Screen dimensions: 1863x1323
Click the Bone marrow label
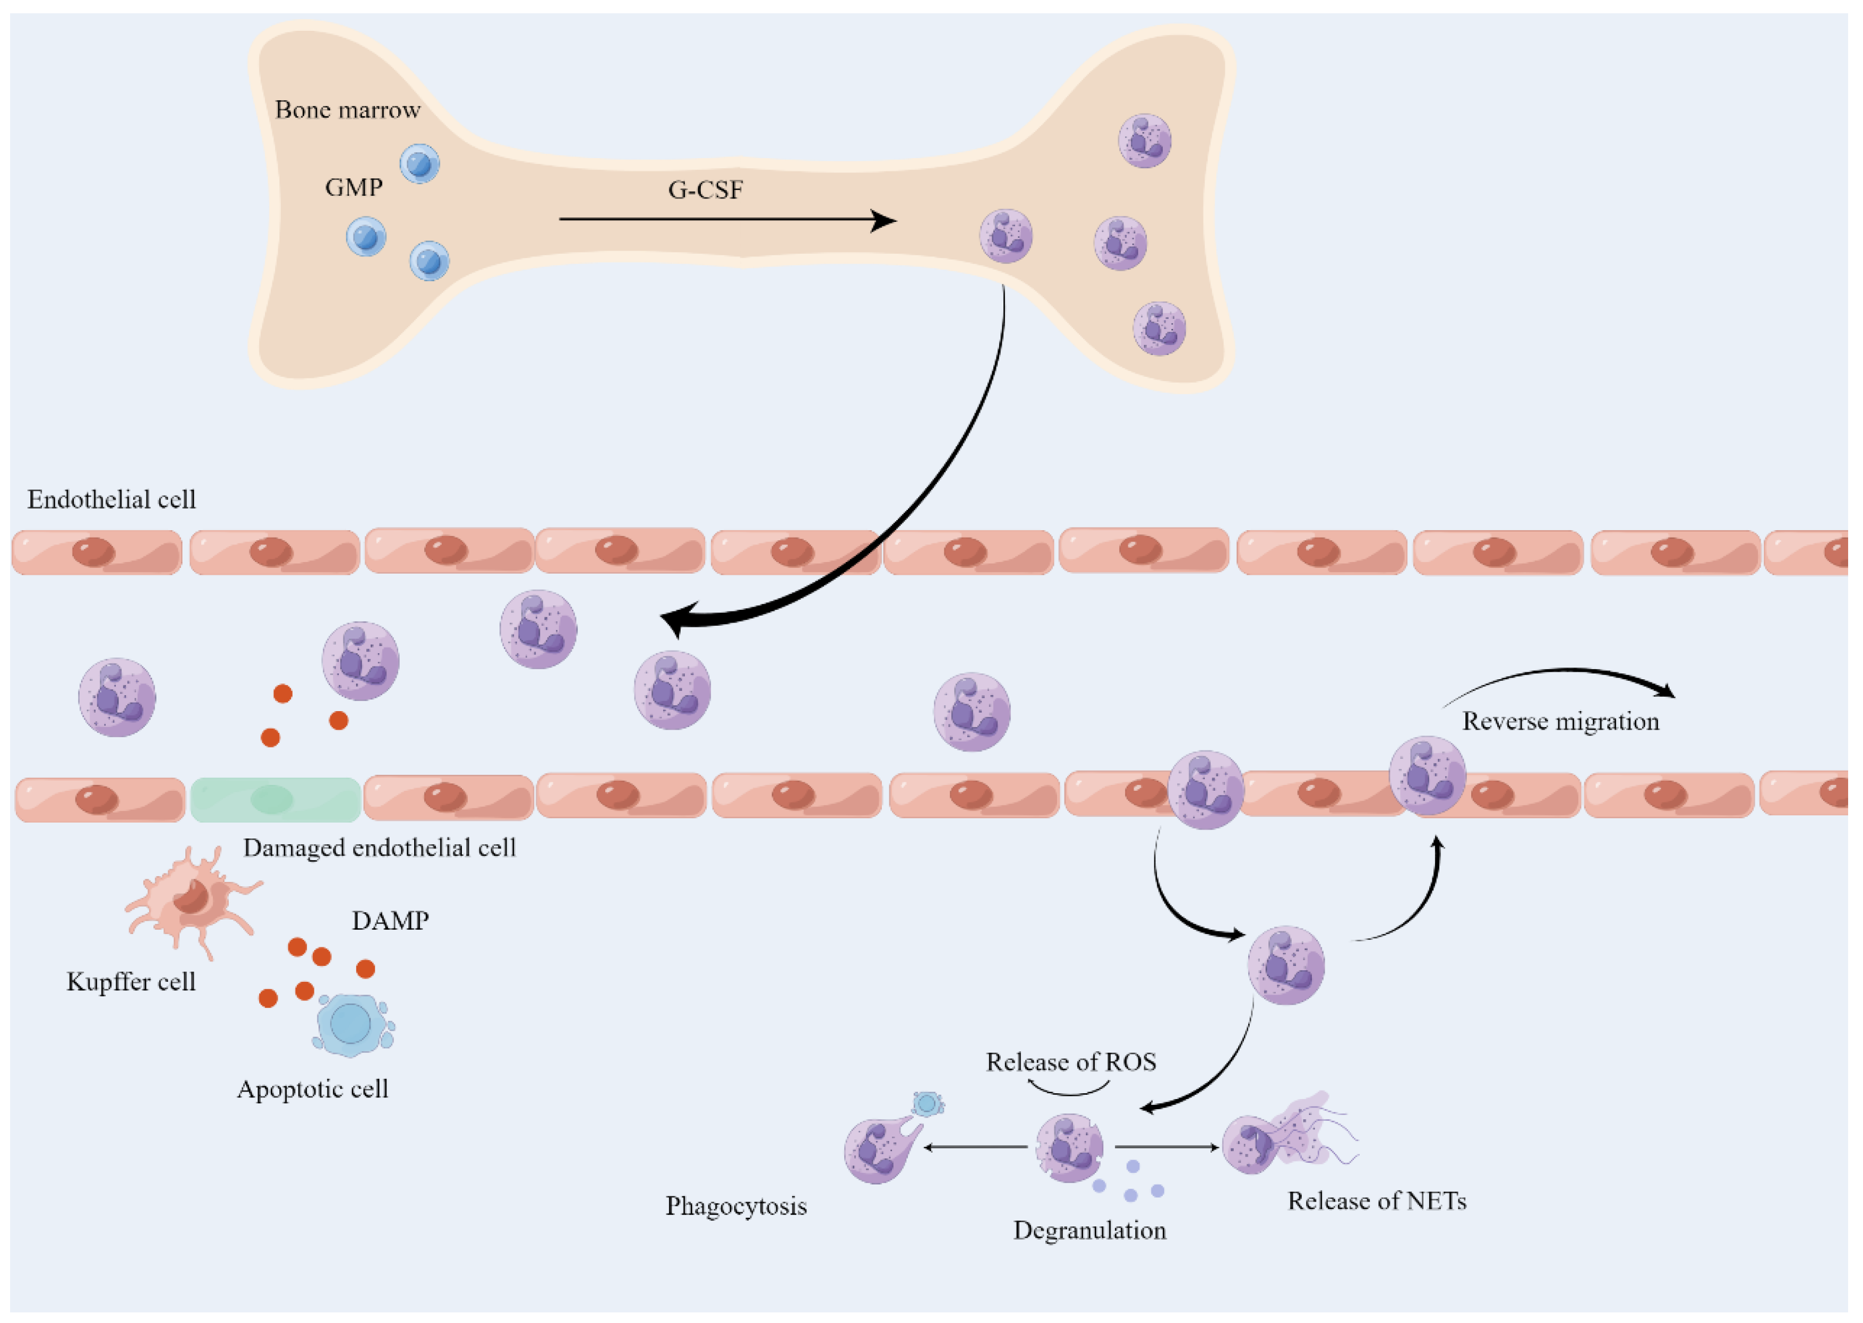click(347, 110)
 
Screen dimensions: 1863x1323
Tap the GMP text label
click(354, 187)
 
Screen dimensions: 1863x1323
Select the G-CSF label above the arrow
click(706, 190)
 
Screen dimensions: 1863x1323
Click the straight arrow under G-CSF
click(728, 220)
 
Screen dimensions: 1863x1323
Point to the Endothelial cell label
click(111, 499)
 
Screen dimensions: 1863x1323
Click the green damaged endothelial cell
click(276, 799)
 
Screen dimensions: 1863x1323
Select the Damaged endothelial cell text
click(380, 848)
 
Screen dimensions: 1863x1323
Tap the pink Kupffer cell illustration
click(193, 900)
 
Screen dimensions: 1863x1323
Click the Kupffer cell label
click(131, 982)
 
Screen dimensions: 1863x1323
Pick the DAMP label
click(390, 921)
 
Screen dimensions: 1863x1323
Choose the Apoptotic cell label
click(313, 1089)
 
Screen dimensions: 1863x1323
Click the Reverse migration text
click(1561, 722)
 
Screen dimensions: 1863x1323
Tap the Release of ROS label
click(1071, 1062)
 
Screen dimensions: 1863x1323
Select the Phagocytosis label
click(736, 1206)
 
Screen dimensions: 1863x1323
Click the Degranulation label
click(1089, 1230)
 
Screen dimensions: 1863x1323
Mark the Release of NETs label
click(1377, 1201)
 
